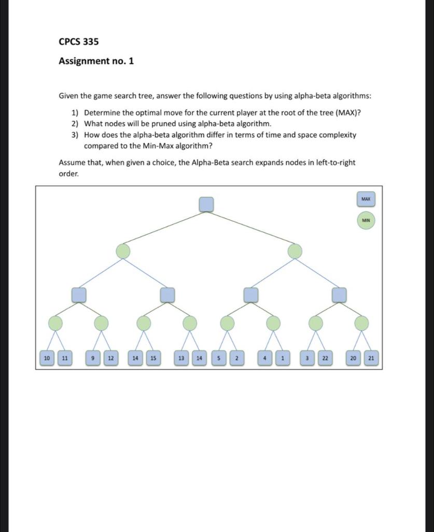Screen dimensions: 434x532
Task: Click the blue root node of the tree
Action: [206, 204]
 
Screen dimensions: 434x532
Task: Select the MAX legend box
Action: [366, 199]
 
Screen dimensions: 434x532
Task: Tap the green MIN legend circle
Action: [366, 220]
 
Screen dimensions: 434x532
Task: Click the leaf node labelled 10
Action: [47, 358]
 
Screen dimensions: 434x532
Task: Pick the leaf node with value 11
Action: [65, 358]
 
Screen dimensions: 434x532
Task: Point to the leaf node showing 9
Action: [92, 358]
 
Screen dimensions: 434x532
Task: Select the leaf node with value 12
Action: [110, 358]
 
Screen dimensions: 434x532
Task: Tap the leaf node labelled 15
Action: [153, 358]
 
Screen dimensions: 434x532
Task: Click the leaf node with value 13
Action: [181, 358]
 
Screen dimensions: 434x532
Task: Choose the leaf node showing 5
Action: [219, 358]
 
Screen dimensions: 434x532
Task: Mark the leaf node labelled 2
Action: [236, 358]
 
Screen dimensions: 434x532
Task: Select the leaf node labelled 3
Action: [307, 358]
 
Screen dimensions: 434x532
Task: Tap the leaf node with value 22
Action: [325, 358]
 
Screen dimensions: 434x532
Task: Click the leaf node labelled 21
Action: [371, 358]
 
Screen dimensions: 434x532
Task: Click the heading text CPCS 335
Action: [79, 42]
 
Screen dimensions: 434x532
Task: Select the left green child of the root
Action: [123, 251]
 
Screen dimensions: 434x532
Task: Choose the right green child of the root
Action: [295, 251]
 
